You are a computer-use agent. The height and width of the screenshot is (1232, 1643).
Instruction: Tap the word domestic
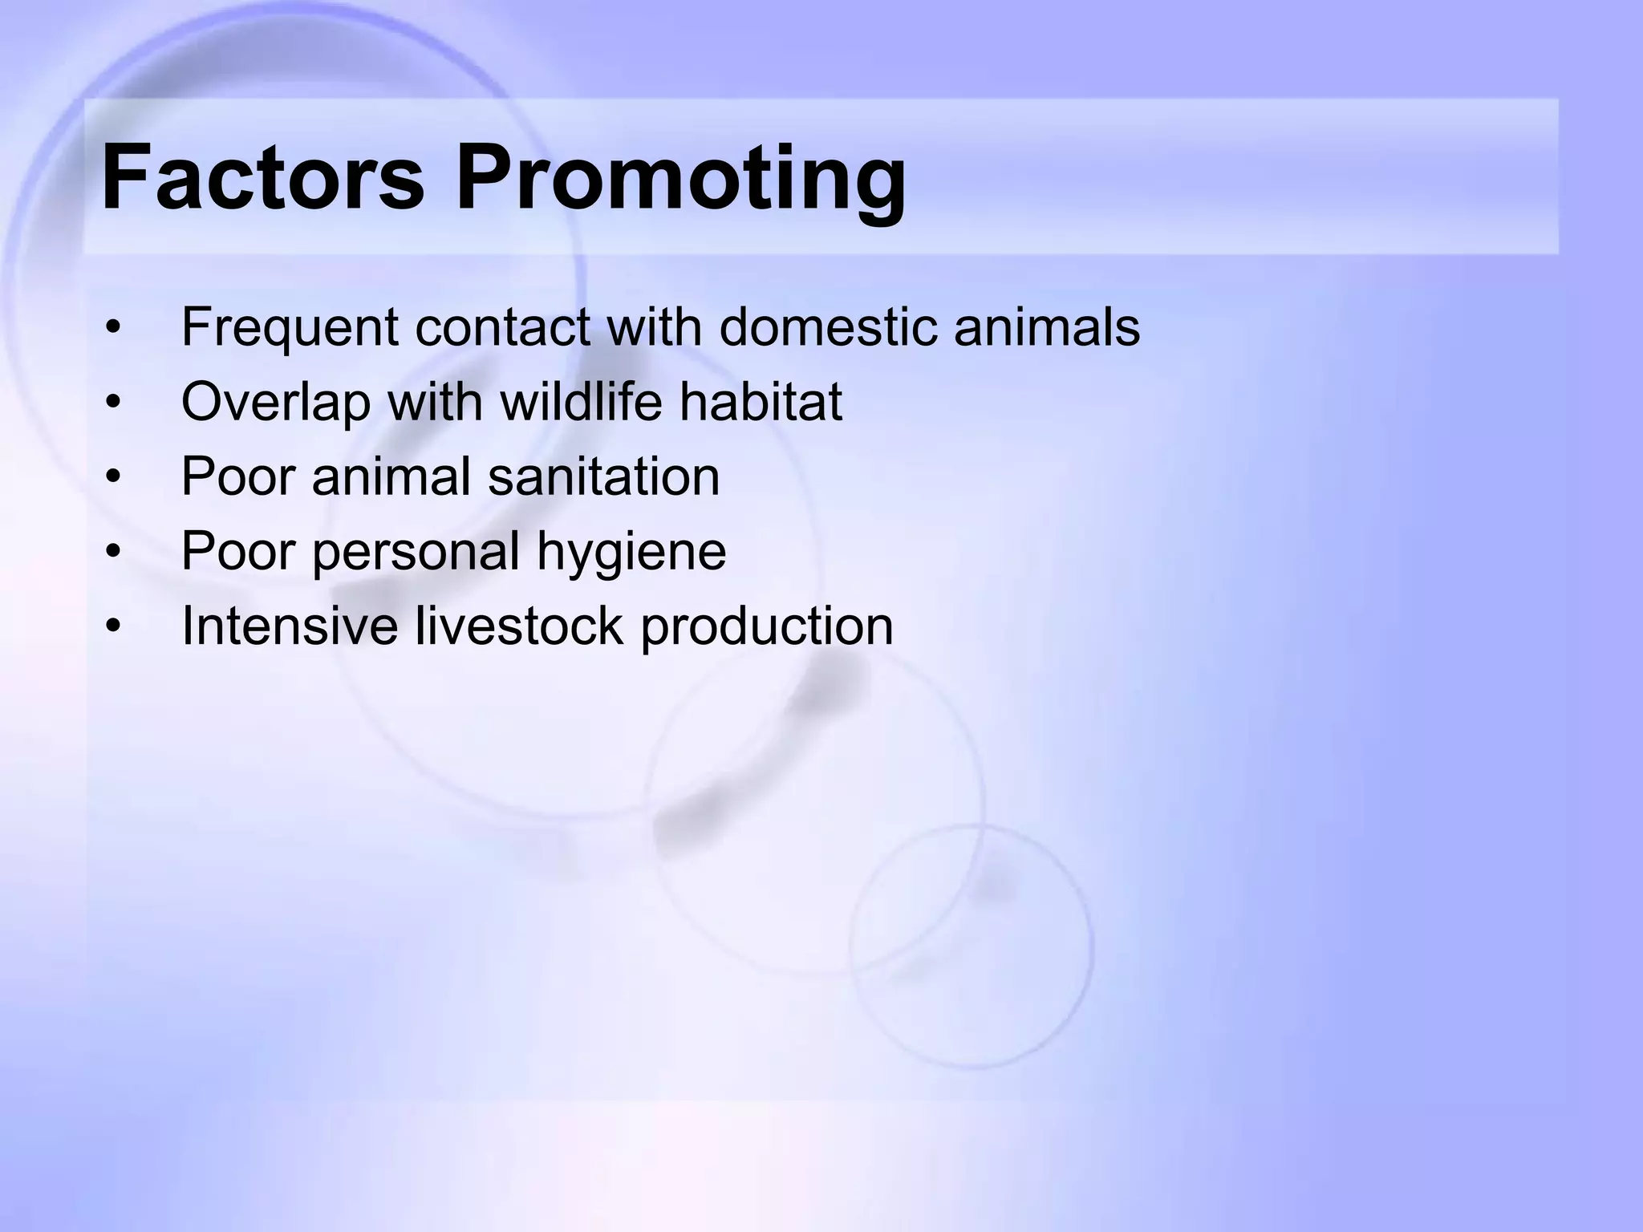pyautogui.click(x=827, y=327)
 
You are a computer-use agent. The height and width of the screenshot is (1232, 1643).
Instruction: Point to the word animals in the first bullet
pyautogui.click(x=1046, y=327)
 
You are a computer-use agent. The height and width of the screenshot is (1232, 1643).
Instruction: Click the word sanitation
pyautogui.click(x=603, y=476)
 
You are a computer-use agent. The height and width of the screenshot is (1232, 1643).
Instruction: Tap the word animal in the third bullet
pyautogui.click(x=391, y=476)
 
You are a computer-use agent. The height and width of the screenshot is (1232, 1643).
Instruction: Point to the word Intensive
pyautogui.click(x=290, y=626)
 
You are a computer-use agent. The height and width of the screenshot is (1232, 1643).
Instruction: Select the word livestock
pyautogui.click(x=518, y=626)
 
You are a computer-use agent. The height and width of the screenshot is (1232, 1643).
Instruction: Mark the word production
pyautogui.click(x=766, y=627)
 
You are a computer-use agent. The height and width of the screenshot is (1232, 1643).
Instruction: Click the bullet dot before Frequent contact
pyautogui.click(x=113, y=329)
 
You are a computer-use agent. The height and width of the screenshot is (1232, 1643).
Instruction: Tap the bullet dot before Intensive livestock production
pyautogui.click(x=113, y=626)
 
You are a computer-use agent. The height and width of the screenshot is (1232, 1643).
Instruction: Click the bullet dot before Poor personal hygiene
pyautogui.click(x=113, y=552)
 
